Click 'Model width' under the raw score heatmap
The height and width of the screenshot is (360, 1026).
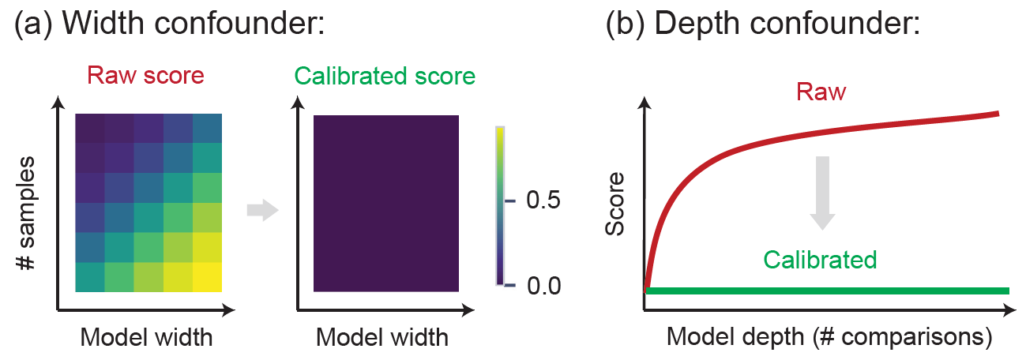click(146, 337)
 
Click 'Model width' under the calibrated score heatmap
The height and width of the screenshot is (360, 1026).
click(382, 337)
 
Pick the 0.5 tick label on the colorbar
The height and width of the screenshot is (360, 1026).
click(543, 201)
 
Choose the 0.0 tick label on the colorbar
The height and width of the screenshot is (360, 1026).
click(543, 284)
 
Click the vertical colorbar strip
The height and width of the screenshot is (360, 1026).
click(501, 205)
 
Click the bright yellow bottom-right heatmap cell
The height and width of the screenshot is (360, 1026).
click(208, 277)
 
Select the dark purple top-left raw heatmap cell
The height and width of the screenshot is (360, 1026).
click(90, 127)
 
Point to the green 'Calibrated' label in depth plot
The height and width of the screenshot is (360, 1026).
click(821, 259)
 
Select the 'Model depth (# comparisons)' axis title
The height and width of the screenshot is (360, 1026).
click(829, 337)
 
